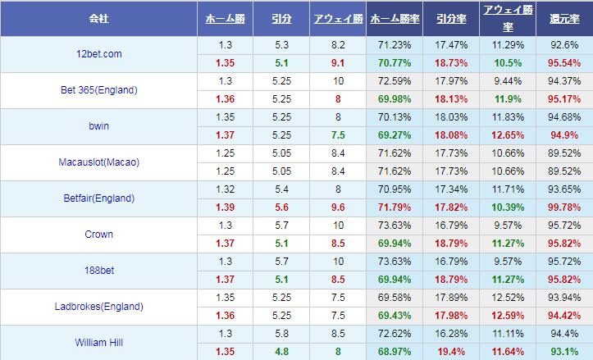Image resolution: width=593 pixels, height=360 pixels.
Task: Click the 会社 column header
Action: click(x=98, y=17)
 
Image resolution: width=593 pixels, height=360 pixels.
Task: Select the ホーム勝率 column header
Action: click(x=394, y=17)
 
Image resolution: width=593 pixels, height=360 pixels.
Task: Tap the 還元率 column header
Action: click(x=564, y=17)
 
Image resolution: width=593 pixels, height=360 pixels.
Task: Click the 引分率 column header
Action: click(x=450, y=17)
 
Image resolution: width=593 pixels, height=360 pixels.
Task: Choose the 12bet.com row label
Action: click(x=98, y=54)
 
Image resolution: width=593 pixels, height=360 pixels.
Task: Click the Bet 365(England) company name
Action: click(x=98, y=90)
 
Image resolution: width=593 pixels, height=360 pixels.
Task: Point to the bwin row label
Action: click(x=98, y=126)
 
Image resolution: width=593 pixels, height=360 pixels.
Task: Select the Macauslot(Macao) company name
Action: click(x=98, y=162)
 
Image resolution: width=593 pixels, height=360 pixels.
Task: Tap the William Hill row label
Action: click(x=98, y=343)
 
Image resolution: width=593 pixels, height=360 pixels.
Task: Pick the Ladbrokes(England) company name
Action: click(x=98, y=307)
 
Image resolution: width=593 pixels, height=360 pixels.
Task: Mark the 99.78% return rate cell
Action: click(x=564, y=207)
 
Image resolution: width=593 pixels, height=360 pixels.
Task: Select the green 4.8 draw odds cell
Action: click(x=281, y=352)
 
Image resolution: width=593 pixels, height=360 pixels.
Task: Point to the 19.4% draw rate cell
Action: click(x=450, y=352)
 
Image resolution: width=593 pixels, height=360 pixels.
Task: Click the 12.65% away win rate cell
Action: click(x=508, y=135)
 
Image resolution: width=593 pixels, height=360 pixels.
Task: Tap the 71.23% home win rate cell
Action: click(x=394, y=45)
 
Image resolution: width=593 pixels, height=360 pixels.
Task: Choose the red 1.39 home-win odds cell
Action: click(x=225, y=207)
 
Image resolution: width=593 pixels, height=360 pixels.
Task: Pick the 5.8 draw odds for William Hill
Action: click(x=281, y=334)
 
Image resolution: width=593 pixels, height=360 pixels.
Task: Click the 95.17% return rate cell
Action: click(x=564, y=99)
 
